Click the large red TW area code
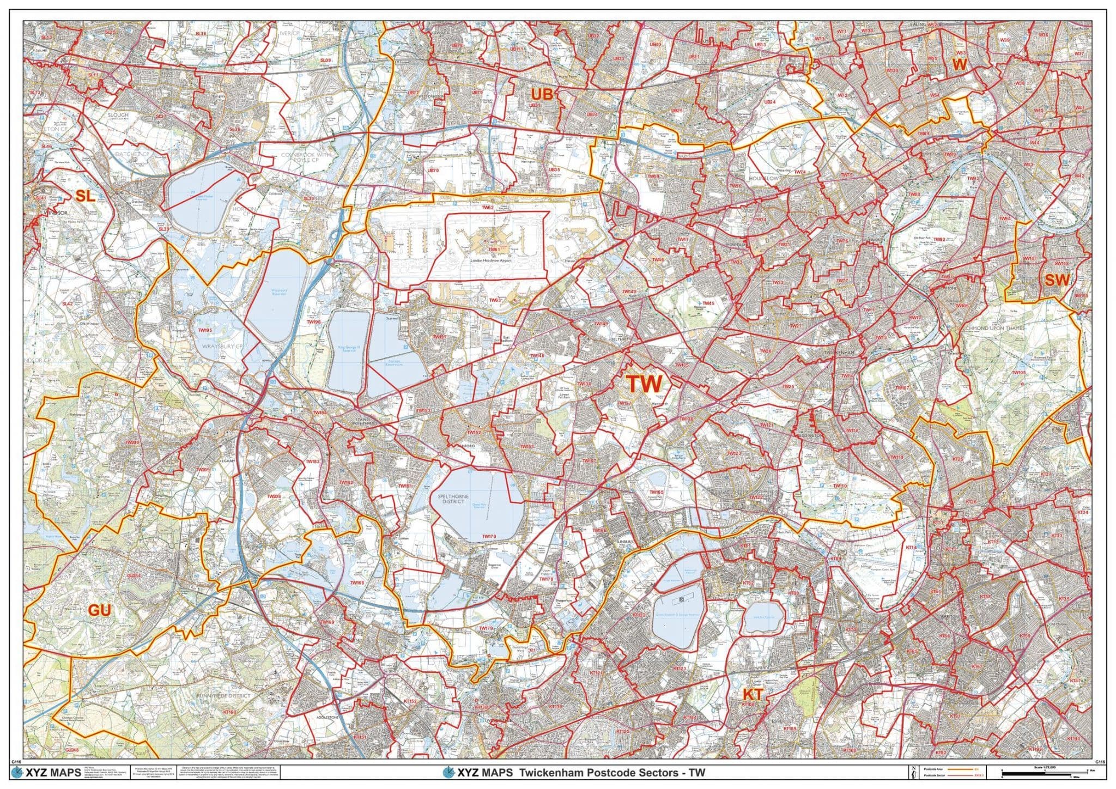pos(644,384)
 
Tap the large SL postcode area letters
pos(85,197)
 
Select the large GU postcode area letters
pos(100,610)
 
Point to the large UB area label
pos(542,94)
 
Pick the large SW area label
pos(1057,280)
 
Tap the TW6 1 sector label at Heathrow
pos(494,249)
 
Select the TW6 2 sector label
pos(487,208)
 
